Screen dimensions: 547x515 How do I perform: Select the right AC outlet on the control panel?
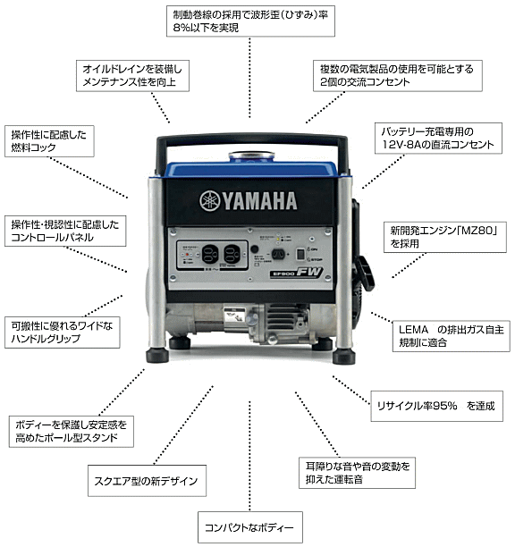(x=233, y=253)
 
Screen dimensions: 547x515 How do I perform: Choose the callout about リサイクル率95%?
(x=433, y=405)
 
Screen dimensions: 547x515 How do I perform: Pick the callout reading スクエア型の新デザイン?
(x=143, y=481)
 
